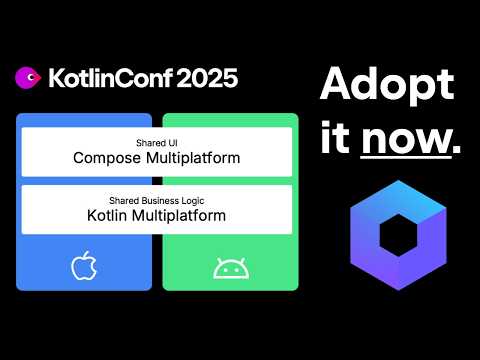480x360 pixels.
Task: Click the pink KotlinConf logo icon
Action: click(x=28, y=77)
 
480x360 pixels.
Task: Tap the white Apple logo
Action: click(x=83, y=266)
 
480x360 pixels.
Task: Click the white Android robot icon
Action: click(x=229, y=267)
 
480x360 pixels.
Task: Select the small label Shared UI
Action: click(x=157, y=143)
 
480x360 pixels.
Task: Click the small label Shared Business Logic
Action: click(x=157, y=200)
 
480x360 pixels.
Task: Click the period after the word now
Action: click(x=457, y=151)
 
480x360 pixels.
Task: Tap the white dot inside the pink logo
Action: click(x=31, y=76)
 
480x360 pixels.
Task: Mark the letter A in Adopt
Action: click(x=335, y=86)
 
